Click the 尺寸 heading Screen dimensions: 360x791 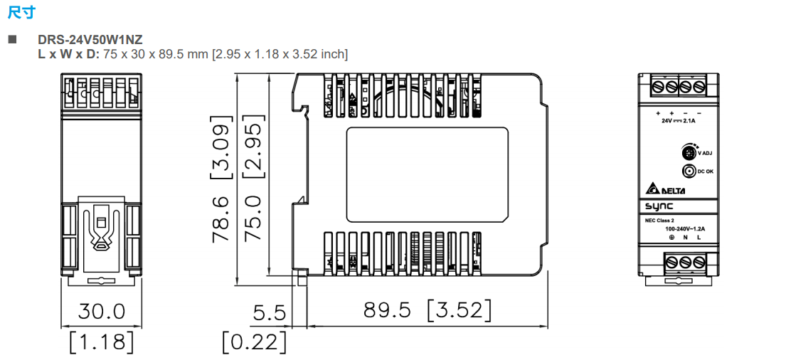20,12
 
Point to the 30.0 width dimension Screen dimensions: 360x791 101,312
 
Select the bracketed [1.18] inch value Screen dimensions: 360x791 101,342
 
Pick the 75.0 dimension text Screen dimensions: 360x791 254,221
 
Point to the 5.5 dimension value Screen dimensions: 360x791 269,313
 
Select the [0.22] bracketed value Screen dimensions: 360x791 254,342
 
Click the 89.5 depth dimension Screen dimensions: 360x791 387,310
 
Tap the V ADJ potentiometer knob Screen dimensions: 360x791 688,152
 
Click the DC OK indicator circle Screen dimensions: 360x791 688,171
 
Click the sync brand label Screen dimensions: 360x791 659,207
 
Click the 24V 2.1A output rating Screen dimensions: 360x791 679,121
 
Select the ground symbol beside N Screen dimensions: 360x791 671,238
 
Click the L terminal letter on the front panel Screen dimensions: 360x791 699,238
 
